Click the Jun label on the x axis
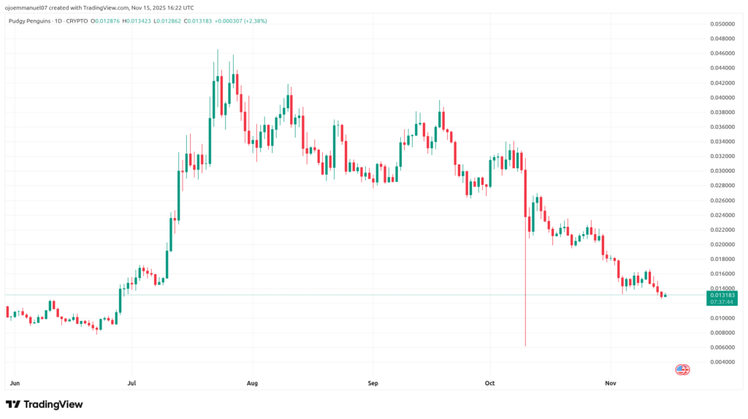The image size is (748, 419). tap(15, 382)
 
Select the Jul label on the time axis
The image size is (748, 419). tap(131, 382)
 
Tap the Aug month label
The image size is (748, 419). tap(253, 382)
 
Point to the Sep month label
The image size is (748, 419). tap(373, 382)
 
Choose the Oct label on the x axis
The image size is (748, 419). tap(490, 382)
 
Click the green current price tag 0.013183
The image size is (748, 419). tap(722, 295)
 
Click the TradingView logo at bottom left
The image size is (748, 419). tap(45, 404)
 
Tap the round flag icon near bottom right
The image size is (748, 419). tap(682, 370)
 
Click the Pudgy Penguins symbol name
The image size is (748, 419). tap(28, 21)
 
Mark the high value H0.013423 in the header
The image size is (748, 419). tap(136, 21)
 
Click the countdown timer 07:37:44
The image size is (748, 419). tap(722, 301)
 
